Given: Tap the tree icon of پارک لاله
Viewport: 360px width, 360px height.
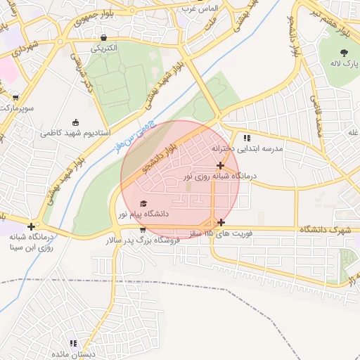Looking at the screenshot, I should tap(344, 53).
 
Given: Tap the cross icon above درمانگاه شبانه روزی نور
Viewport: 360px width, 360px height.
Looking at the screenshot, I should tap(220, 165).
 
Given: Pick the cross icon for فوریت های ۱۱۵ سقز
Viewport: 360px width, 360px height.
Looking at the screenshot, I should tap(221, 222).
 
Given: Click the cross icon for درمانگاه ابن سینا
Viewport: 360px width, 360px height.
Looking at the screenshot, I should tap(31, 226).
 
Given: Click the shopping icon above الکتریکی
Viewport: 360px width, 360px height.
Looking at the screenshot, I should tap(104, 38).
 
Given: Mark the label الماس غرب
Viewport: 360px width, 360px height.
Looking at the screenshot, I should tap(200, 8).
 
